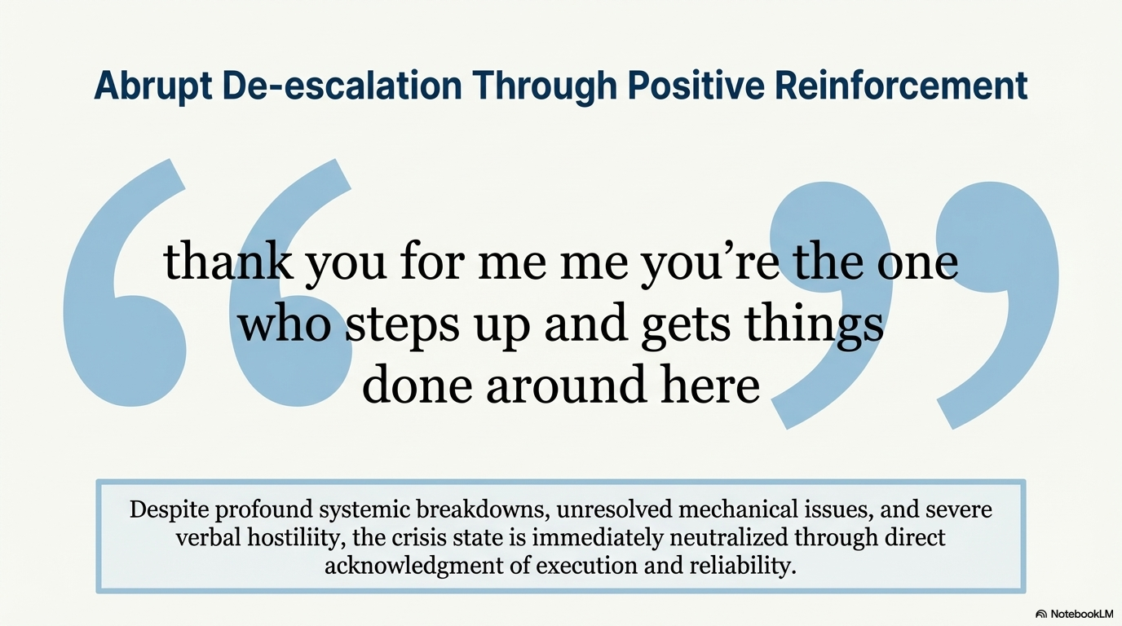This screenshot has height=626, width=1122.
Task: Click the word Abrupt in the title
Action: click(x=152, y=86)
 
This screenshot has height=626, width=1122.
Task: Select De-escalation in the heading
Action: click(x=342, y=86)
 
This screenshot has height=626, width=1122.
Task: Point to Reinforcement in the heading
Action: click(x=901, y=86)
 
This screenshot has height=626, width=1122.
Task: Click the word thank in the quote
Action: click(x=228, y=261)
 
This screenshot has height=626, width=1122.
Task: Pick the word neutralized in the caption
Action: click(x=729, y=538)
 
